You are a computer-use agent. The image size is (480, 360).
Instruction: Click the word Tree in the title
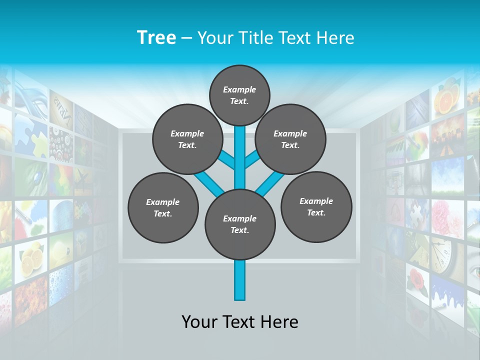[x=156, y=37]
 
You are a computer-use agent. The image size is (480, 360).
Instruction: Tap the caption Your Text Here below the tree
[x=240, y=322]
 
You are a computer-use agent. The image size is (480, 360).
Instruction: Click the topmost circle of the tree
[x=239, y=95]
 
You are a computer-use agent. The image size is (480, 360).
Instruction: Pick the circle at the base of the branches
[x=240, y=224]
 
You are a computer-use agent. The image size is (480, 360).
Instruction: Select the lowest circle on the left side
[x=163, y=207]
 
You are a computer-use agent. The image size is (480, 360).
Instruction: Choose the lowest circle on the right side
[x=316, y=206]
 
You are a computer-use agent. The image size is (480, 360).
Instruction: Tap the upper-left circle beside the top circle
[x=187, y=139]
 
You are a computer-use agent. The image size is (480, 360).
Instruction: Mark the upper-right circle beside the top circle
[x=290, y=139]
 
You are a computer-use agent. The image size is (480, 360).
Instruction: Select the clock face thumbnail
[x=443, y=254]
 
